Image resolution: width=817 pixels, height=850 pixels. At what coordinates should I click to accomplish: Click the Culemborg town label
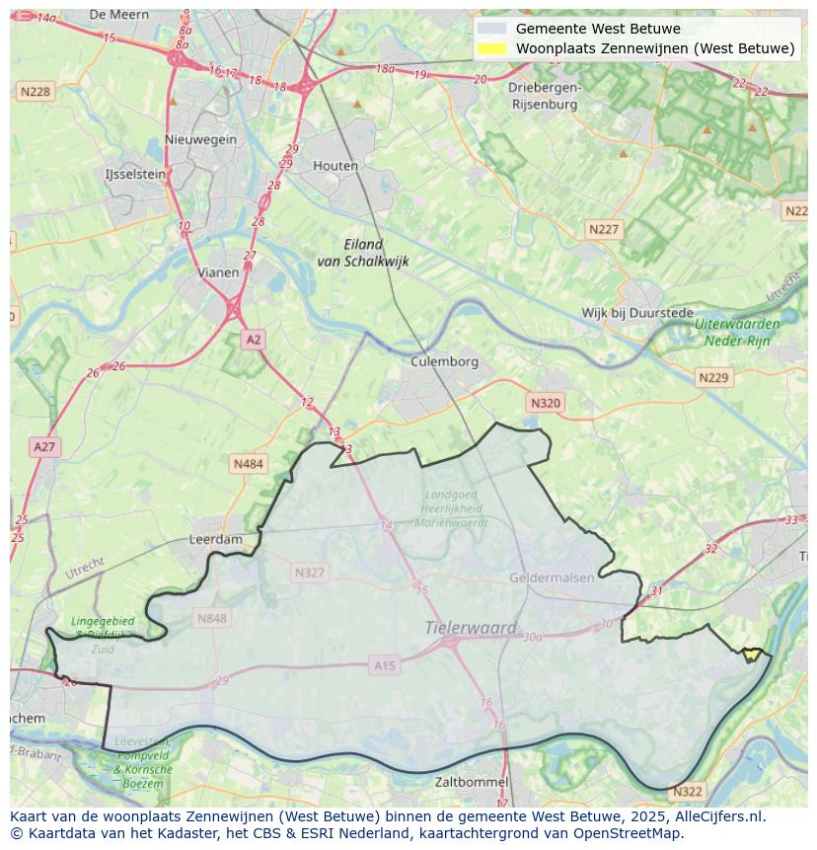444,361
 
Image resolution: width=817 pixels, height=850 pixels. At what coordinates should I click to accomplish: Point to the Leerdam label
215,540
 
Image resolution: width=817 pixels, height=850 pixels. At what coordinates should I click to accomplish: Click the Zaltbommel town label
472,782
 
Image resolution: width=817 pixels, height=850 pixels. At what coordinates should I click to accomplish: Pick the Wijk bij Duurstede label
636,313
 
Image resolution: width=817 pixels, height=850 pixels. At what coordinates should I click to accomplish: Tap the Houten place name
335,166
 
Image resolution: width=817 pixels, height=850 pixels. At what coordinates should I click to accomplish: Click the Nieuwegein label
201,139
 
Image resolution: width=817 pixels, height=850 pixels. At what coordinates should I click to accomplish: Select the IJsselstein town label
135,174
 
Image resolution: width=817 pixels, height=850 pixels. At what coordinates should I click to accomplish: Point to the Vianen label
218,272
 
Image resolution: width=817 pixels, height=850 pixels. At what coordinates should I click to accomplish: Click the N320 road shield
545,403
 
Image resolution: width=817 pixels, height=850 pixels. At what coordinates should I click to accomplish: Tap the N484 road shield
249,463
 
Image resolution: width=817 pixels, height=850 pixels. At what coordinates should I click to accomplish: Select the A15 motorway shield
385,666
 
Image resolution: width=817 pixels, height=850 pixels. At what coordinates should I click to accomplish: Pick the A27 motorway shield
45,447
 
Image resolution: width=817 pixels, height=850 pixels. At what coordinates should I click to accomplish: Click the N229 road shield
712,378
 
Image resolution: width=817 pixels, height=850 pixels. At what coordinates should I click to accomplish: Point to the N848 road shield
212,618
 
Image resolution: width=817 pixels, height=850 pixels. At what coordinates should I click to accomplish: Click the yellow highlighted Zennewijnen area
753,654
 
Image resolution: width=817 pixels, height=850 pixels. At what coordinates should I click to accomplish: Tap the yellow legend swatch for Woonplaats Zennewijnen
490,48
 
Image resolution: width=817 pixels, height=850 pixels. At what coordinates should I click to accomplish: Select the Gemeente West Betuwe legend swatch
490,29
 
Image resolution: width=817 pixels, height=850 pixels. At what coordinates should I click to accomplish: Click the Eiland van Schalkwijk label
363,253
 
